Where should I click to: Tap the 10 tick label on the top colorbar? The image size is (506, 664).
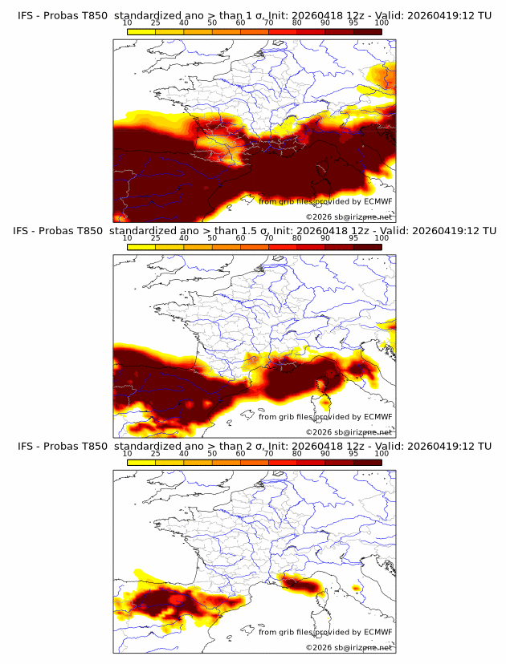click(127, 22)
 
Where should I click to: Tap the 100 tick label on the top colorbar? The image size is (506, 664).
click(382, 22)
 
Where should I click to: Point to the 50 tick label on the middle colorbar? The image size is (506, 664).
click(212, 238)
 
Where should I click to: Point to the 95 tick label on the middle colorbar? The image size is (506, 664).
click(353, 238)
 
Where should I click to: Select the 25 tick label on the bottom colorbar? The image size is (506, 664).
click(156, 454)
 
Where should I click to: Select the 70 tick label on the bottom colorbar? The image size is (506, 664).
click(268, 454)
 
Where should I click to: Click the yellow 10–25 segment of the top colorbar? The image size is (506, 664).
click(141, 30)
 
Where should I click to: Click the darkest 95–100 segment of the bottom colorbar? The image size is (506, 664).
click(368, 462)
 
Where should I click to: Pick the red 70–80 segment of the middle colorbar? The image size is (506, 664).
click(283, 246)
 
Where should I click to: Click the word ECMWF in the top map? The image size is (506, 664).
click(377, 201)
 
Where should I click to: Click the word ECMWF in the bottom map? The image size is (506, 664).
click(377, 632)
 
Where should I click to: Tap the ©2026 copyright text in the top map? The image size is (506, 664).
click(318, 217)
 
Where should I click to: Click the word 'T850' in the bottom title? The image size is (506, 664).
click(93, 446)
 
